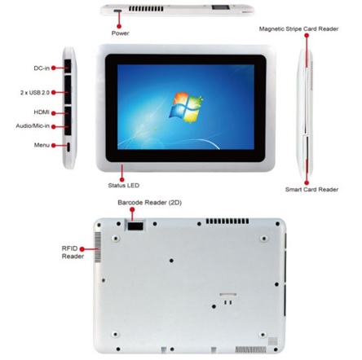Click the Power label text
click(120, 33)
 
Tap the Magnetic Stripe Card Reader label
click(298, 29)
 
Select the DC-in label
click(42, 68)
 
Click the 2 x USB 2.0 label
click(35, 93)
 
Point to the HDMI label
click(42, 112)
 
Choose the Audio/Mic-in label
click(33, 126)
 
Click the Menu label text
click(42, 145)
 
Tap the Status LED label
click(124, 186)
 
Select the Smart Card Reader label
click(311, 190)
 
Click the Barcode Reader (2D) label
click(150, 203)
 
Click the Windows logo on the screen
click(186, 108)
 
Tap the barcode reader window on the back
click(135, 226)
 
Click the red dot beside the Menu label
click(54, 146)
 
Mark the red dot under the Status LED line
click(122, 179)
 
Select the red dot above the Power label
click(119, 26)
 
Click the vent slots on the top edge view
click(146, 9)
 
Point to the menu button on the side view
click(68, 147)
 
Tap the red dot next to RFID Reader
click(82, 249)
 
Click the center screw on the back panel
click(171, 261)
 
